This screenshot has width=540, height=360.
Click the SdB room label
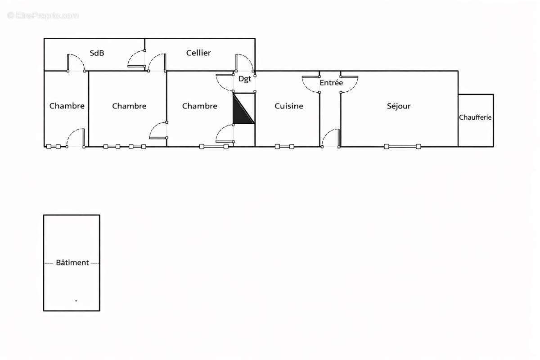97,53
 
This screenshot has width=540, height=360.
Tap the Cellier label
198,53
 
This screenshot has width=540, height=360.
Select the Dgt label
245,79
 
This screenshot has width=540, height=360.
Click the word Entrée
331,83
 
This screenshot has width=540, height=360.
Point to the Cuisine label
289,106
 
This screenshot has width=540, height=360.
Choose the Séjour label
399,106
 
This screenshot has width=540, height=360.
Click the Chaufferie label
475,117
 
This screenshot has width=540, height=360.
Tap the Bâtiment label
72,263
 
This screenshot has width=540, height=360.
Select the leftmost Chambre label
67,106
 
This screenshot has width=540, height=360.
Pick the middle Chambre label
129,106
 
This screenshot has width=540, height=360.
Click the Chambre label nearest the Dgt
199,106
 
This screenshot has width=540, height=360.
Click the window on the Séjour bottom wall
402,146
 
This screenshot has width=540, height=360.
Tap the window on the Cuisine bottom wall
284,146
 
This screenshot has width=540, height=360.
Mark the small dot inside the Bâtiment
76,300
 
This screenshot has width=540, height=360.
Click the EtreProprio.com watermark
43,16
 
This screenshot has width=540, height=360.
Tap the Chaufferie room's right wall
493,120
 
